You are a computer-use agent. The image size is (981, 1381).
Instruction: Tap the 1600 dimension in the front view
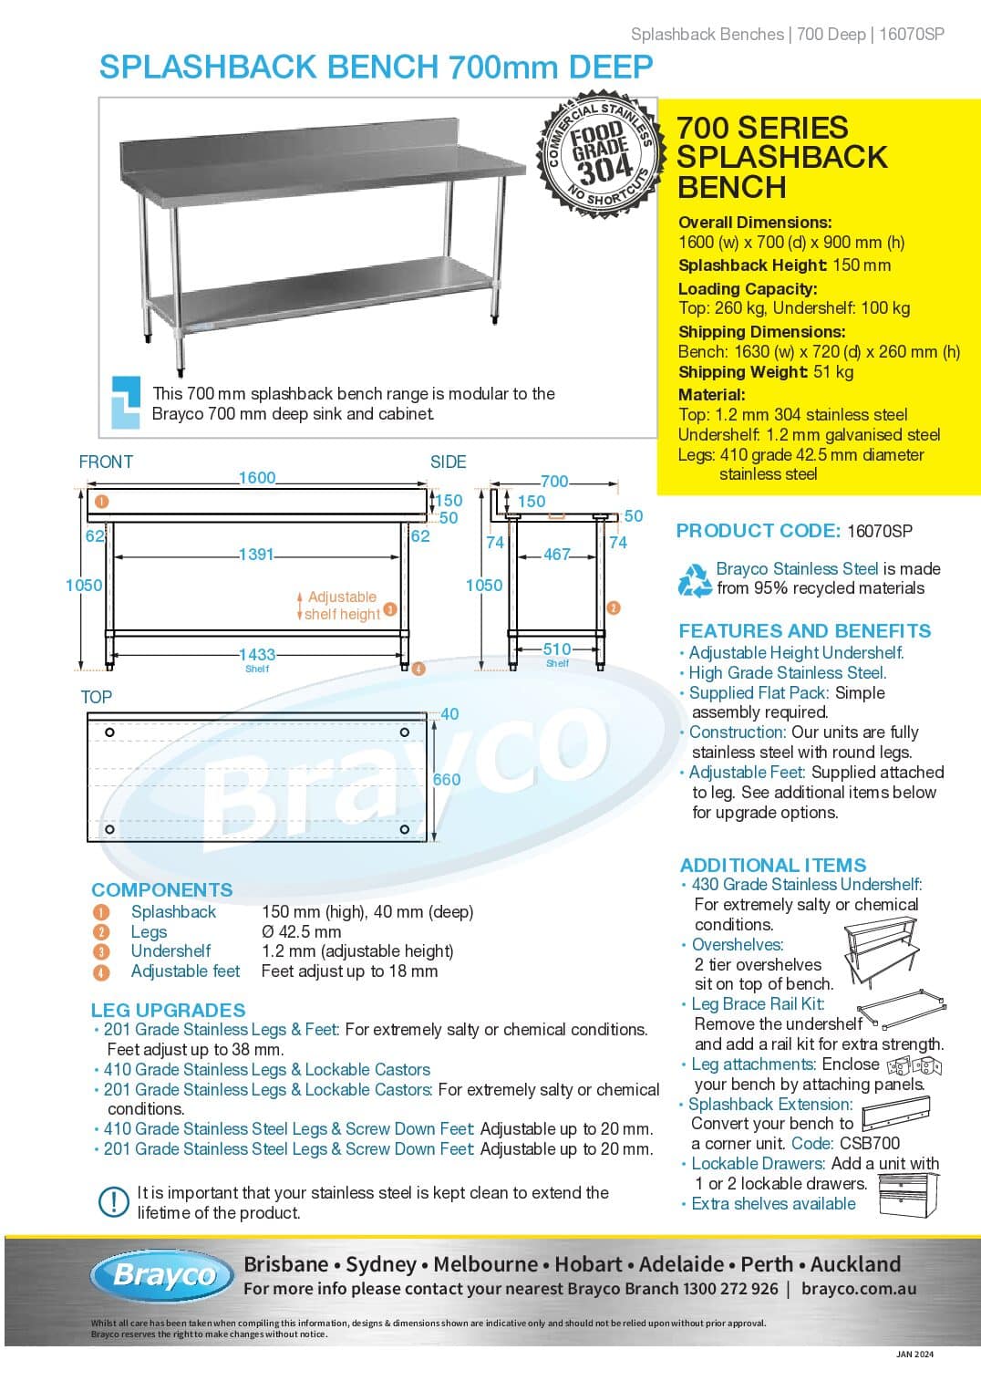tap(257, 478)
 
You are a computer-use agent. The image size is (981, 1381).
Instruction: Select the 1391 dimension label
tap(255, 554)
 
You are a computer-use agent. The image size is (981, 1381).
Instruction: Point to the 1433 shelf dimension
tap(257, 654)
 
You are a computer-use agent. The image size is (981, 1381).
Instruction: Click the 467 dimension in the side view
tap(556, 554)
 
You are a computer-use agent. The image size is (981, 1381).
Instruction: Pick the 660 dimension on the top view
tap(447, 779)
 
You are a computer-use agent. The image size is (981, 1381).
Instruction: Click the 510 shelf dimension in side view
tap(557, 649)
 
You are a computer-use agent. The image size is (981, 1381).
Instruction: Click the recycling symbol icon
tap(695, 579)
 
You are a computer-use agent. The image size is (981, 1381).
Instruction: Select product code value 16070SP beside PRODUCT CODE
tap(880, 531)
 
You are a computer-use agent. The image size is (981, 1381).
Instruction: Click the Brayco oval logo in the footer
tap(164, 1274)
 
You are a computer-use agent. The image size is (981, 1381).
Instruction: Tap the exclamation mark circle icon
tap(113, 1201)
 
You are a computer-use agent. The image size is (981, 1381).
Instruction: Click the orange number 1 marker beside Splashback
tap(101, 912)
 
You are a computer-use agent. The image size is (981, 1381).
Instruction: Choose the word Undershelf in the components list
tap(170, 950)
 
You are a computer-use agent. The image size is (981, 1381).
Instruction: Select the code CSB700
tap(870, 1143)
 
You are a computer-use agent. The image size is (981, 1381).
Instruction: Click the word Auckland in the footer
tap(855, 1264)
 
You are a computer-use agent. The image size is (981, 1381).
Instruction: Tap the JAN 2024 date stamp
tap(914, 1354)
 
